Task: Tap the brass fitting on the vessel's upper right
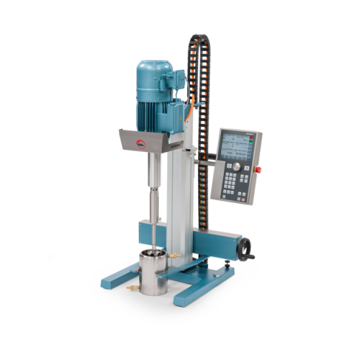(174, 255)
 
